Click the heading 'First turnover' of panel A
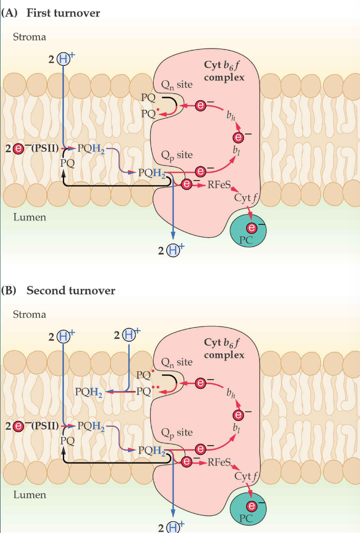coord(63,13)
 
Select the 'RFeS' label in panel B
coord(221,462)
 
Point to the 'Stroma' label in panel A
coord(29,37)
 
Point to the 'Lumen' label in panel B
coord(29,495)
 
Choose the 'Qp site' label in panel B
coord(177,432)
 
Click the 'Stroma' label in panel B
coord(29,314)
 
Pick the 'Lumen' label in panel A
coord(29,217)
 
